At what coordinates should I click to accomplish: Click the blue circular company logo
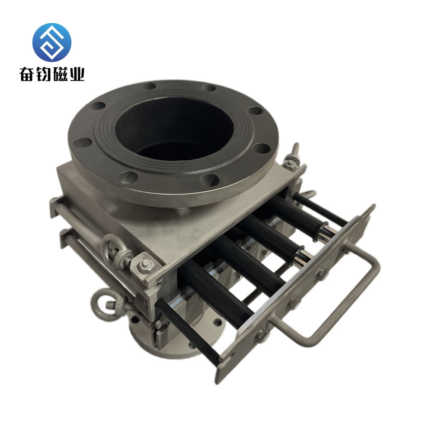click(x=52, y=42)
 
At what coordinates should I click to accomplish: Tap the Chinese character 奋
click(x=27, y=74)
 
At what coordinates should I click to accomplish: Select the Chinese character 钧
click(x=44, y=74)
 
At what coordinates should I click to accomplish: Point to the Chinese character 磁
click(x=60, y=74)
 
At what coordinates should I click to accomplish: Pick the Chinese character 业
click(x=76, y=74)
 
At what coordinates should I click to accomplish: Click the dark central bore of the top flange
click(x=174, y=129)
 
